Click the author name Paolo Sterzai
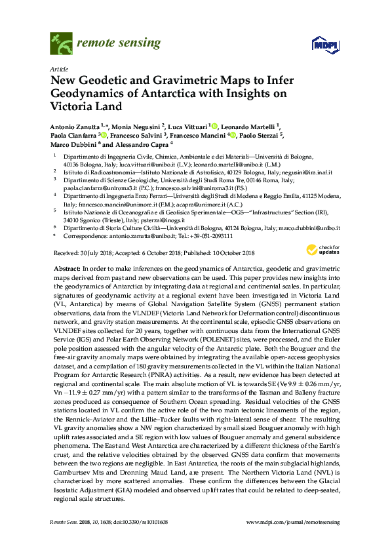tap(257, 136)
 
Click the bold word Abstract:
tap(66, 269)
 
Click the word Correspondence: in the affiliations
tap(85, 235)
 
